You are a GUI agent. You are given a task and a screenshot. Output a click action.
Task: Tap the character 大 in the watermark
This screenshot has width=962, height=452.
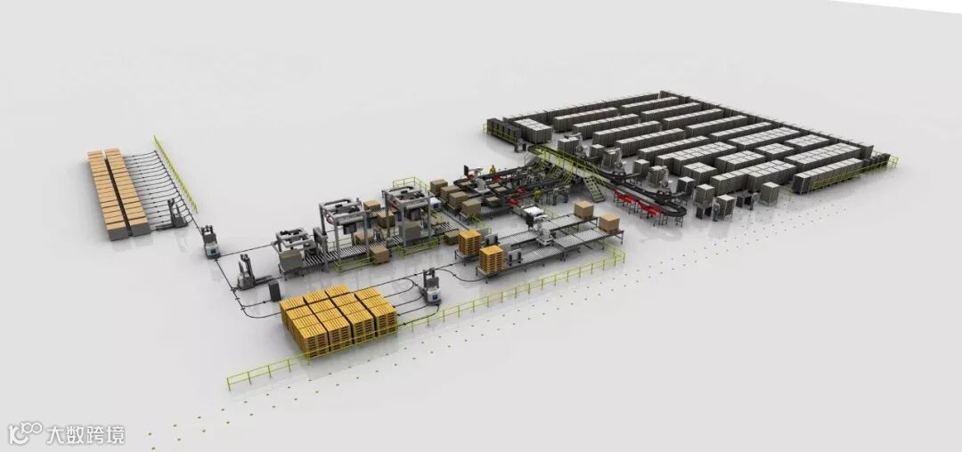point(55,434)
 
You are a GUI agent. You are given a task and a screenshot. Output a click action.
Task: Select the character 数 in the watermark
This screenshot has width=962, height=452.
point(75,434)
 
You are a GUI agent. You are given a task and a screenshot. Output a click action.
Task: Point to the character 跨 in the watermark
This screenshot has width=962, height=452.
point(94,434)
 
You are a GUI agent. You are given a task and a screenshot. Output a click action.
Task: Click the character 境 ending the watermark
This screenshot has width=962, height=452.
point(114,434)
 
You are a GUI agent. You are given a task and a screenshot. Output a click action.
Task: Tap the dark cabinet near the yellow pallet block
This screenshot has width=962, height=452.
point(273,290)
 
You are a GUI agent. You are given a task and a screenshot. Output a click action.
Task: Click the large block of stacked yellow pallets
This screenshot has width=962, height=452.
point(338,319)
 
